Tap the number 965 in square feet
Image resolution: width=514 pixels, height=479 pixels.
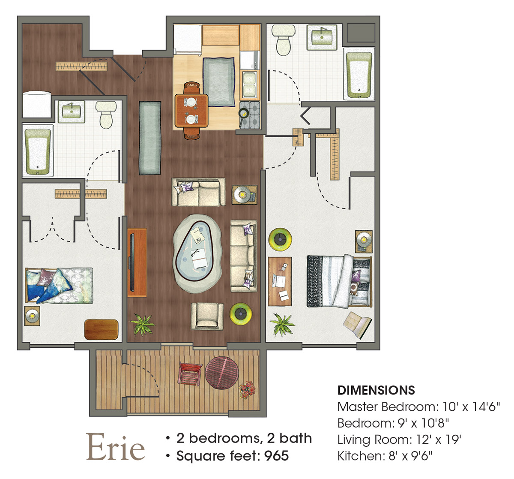[x=276, y=456]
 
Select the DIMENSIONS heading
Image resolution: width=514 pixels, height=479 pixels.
[x=376, y=391]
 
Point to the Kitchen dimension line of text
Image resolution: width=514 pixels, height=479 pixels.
[x=385, y=456]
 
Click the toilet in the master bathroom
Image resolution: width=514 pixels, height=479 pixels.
[x=284, y=40]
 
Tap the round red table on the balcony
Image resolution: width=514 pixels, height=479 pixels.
[x=221, y=373]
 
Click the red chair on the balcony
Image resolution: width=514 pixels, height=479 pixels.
[x=190, y=374]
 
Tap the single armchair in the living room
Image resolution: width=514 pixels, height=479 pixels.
[x=207, y=316]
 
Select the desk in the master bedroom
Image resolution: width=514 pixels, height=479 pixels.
[x=280, y=281]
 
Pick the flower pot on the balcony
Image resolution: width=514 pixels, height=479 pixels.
[x=247, y=389]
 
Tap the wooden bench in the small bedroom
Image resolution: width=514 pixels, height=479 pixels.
[x=101, y=329]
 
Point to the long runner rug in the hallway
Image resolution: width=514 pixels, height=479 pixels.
[x=150, y=138]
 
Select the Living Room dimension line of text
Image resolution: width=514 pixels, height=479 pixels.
[x=399, y=440]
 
